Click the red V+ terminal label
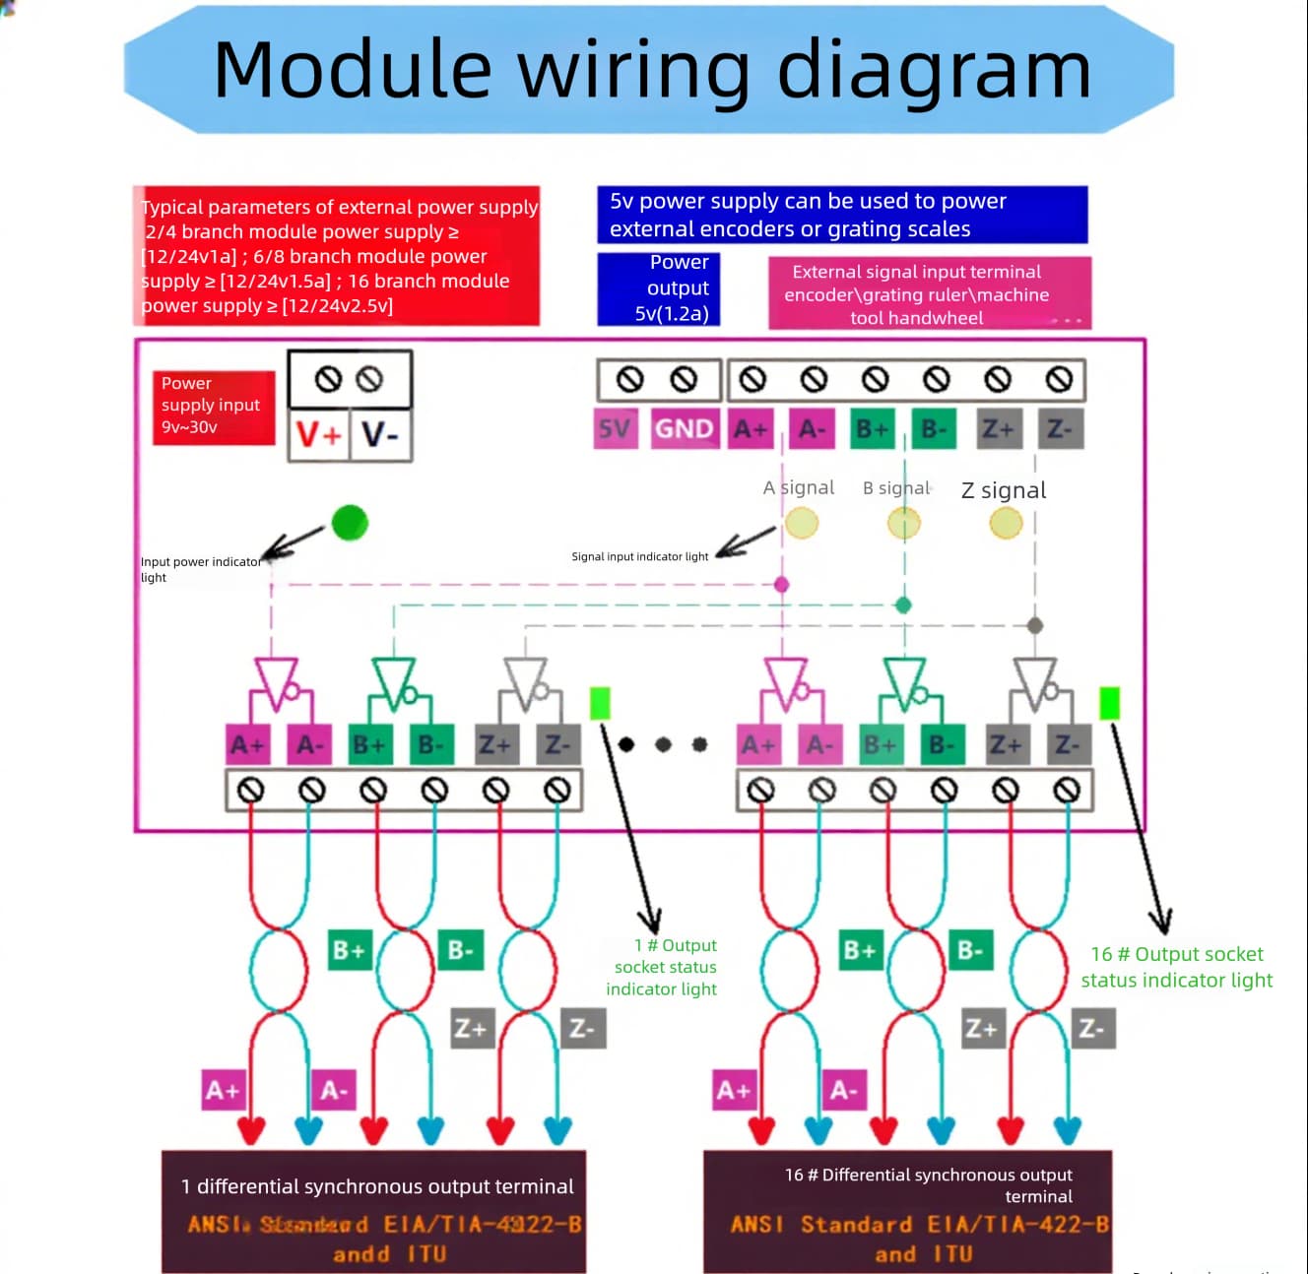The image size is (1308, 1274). point(318,434)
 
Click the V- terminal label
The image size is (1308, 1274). point(380,434)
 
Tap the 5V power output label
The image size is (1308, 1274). point(615,429)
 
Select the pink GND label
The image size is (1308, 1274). point(684,429)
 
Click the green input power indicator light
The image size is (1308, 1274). point(350,523)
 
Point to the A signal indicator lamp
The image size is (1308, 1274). point(802,523)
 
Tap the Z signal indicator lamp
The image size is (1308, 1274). point(1006,523)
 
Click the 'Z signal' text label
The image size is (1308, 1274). point(1003,490)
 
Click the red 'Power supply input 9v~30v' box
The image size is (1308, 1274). point(213,406)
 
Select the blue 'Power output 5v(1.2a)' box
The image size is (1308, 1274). point(659,288)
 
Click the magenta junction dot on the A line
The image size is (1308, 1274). point(782,585)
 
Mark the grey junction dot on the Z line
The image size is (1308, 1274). point(1035,625)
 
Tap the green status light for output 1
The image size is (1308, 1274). point(600,703)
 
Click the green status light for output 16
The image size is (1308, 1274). point(1109,703)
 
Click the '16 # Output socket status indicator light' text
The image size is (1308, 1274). point(1177,967)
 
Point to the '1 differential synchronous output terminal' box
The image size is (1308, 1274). point(374,1212)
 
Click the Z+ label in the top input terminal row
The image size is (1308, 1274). point(998,429)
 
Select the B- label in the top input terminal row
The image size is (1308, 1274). point(934,429)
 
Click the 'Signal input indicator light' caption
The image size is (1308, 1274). point(640,557)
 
